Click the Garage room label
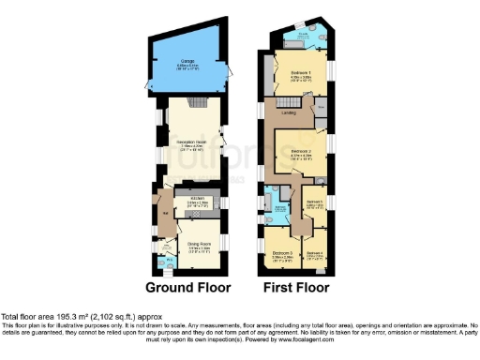[187, 63]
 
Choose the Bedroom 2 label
[300, 151]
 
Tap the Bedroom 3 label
[282, 253]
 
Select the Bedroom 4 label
[316, 253]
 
